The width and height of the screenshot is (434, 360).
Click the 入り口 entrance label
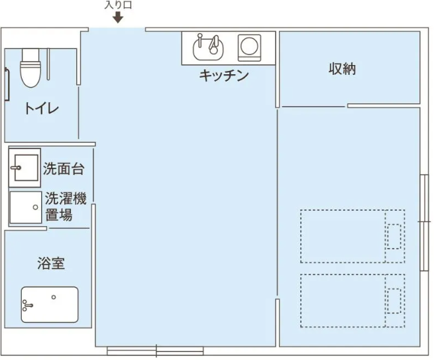click(118, 5)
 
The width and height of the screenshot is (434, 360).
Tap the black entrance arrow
click(118, 18)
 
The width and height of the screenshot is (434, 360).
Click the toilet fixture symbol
click(30, 68)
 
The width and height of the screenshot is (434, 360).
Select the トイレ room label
click(42, 108)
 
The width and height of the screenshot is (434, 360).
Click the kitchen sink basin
click(208, 47)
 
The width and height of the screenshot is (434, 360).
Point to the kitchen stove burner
click(249, 48)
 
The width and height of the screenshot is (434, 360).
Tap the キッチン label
click(224, 76)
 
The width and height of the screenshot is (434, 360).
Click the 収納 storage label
click(342, 68)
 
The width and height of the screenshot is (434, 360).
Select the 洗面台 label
click(64, 168)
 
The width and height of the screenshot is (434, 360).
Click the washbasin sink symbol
click(25, 168)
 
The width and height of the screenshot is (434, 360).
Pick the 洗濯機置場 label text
click(66, 206)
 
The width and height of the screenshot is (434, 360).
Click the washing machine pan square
click(26, 207)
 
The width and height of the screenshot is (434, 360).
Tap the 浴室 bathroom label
click(51, 263)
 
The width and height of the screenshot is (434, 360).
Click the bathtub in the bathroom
click(50, 304)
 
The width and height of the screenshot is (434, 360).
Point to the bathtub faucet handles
click(27, 305)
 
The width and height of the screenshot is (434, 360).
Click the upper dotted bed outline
click(353, 236)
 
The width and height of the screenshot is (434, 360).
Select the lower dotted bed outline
click(353, 300)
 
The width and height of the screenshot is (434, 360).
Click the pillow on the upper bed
click(394, 236)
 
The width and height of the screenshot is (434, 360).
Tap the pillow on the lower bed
click(394, 301)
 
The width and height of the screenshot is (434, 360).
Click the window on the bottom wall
click(155, 351)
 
